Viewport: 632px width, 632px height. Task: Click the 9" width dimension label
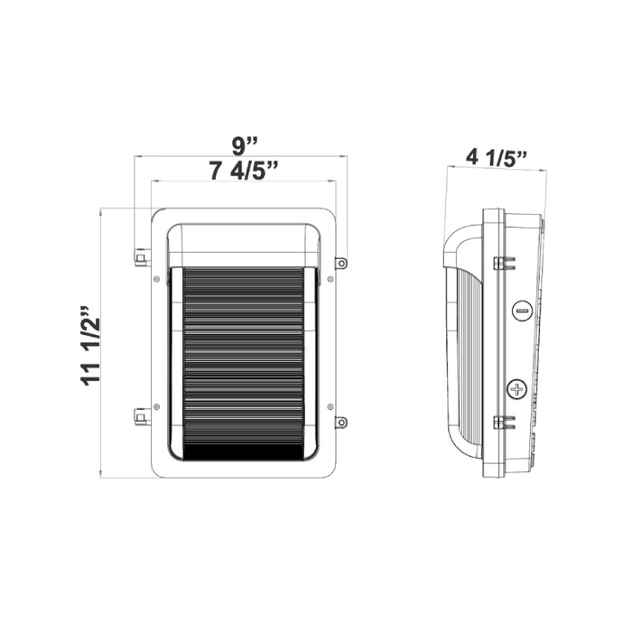tap(243, 144)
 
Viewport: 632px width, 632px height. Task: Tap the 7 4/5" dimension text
tap(243, 170)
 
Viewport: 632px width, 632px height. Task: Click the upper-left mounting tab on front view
tap(141, 259)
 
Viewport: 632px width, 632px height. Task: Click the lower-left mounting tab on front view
tap(141, 417)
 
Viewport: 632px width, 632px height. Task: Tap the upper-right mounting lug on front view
tap(341, 263)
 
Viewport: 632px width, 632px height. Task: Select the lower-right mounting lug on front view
tap(341, 422)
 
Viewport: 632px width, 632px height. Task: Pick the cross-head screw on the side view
tap(517, 390)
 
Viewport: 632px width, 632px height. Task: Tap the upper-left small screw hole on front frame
tap(157, 279)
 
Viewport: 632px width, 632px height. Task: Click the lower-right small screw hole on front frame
tap(330, 407)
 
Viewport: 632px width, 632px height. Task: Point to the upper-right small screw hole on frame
tap(330, 279)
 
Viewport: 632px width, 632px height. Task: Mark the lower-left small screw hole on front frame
tap(157, 407)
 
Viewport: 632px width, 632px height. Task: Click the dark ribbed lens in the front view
tap(243, 361)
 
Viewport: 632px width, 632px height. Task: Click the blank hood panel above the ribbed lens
tap(243, 244)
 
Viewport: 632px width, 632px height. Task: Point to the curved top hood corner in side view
tap(457, 237)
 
